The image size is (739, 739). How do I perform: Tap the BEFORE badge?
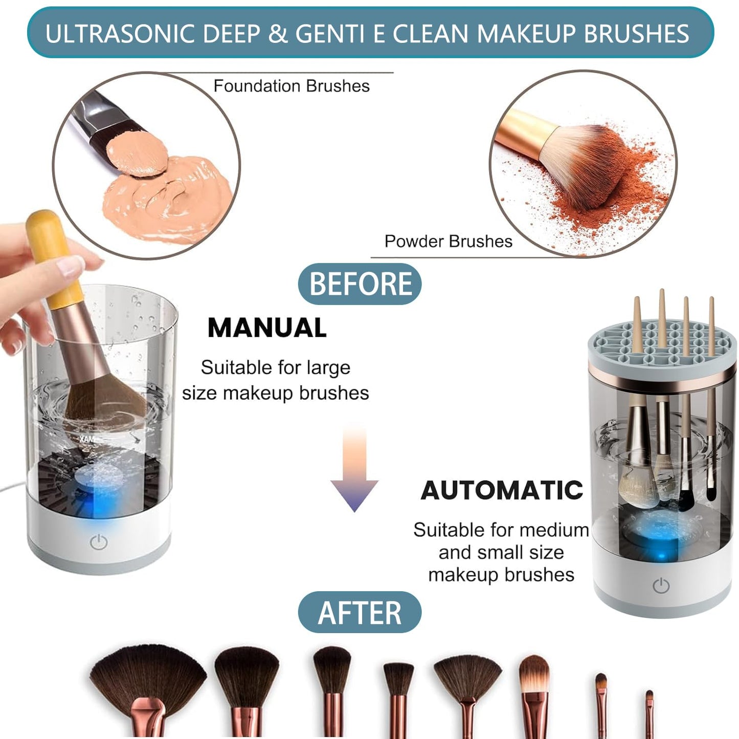360,284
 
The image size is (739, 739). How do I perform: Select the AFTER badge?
360,612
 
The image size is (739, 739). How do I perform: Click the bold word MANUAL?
266,328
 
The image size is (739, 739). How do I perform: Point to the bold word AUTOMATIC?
502,490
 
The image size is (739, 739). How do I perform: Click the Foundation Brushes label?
291,86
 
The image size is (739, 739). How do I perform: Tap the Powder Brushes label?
448,241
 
